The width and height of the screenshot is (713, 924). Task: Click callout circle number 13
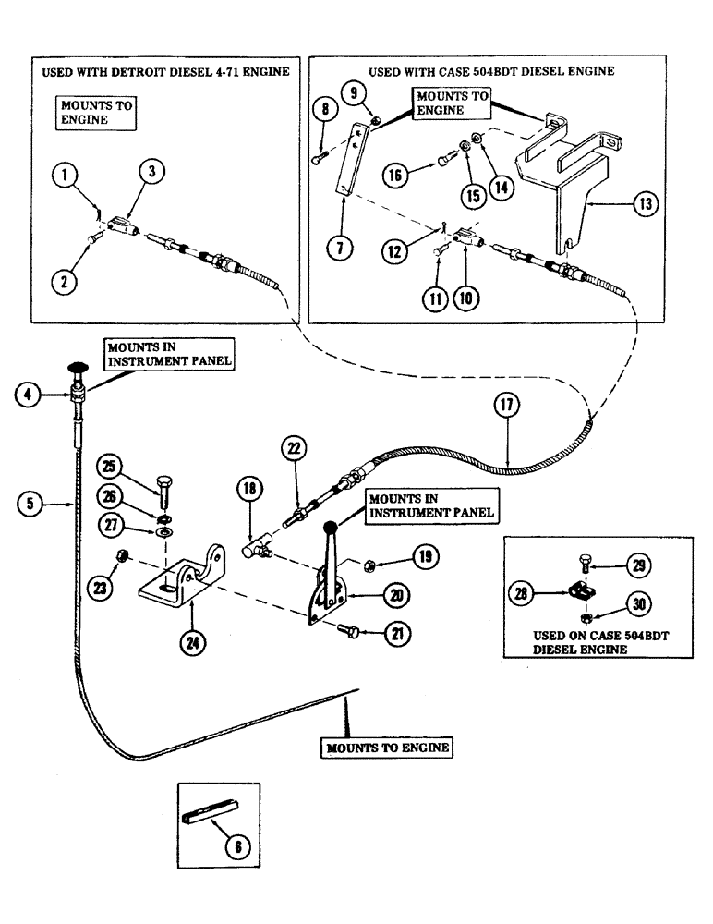(x=647, y=205)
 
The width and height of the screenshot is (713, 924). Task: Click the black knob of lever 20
(x=329, y=528)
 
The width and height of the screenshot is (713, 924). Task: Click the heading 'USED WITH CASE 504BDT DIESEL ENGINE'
(x=491, y=71)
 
